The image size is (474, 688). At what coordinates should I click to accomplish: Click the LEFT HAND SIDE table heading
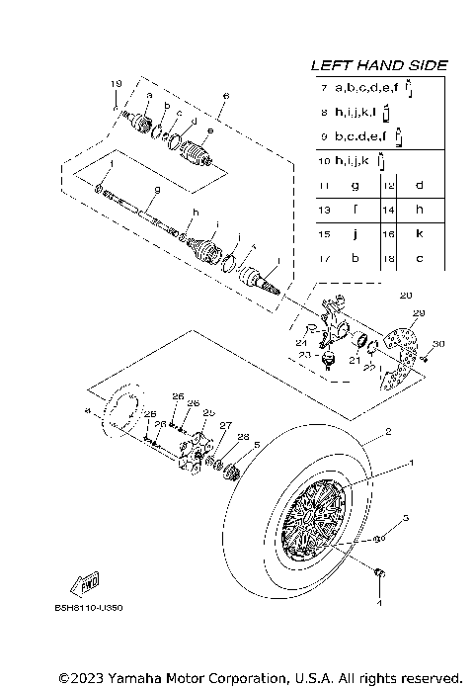coord(378,65)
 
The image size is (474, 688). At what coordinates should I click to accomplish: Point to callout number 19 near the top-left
coord(116,82)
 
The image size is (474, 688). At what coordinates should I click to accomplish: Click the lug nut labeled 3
coord(379,540)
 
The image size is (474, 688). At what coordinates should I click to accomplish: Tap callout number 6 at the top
coord(225,96)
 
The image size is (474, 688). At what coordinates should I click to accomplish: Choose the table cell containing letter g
coord(354,185)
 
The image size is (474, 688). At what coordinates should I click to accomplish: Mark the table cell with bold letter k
coord(419,235)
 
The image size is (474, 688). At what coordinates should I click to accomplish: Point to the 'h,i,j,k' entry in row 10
coord(353,160)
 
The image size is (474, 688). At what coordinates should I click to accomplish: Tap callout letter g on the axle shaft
coord(157,189)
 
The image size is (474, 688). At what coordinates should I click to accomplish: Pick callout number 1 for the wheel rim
coord(412,463)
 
